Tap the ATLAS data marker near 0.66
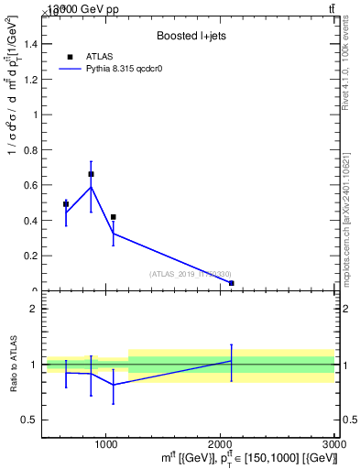tap(91, 174)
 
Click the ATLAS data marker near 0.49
tap(66, 204)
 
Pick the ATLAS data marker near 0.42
tap(113, 217)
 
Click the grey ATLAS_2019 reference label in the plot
tap(191, 274)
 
